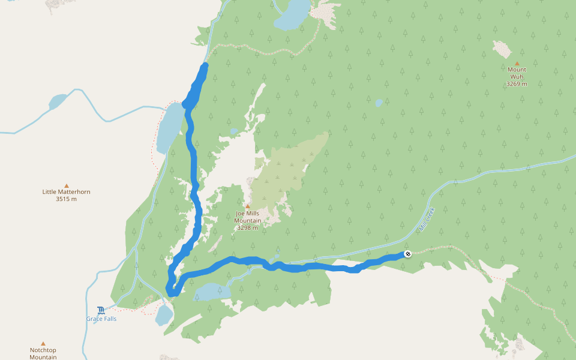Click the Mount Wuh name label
517,73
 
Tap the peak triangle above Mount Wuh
517,63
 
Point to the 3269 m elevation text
517,84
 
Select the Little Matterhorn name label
66,192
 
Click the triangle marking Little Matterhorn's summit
66,185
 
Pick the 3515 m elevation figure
66,199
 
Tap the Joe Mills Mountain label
247,217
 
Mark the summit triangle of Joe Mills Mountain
247,206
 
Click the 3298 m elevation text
247,228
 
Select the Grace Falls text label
101,319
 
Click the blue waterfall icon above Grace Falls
101,310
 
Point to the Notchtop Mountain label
43,353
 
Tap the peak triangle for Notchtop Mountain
43,344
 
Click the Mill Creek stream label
427,219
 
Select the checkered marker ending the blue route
407,254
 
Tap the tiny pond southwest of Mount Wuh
379,103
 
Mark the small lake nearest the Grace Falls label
163,314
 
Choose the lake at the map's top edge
292,15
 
